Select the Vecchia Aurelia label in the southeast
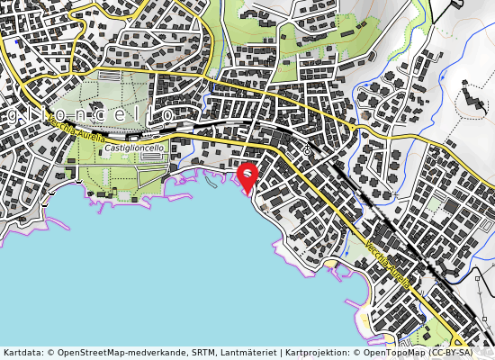click(388, 262)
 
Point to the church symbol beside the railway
click(307, 149)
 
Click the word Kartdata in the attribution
click(22, 353)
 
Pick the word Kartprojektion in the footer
click(313, 353)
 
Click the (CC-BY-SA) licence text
click(458, 353)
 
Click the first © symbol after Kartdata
click(49, 353)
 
